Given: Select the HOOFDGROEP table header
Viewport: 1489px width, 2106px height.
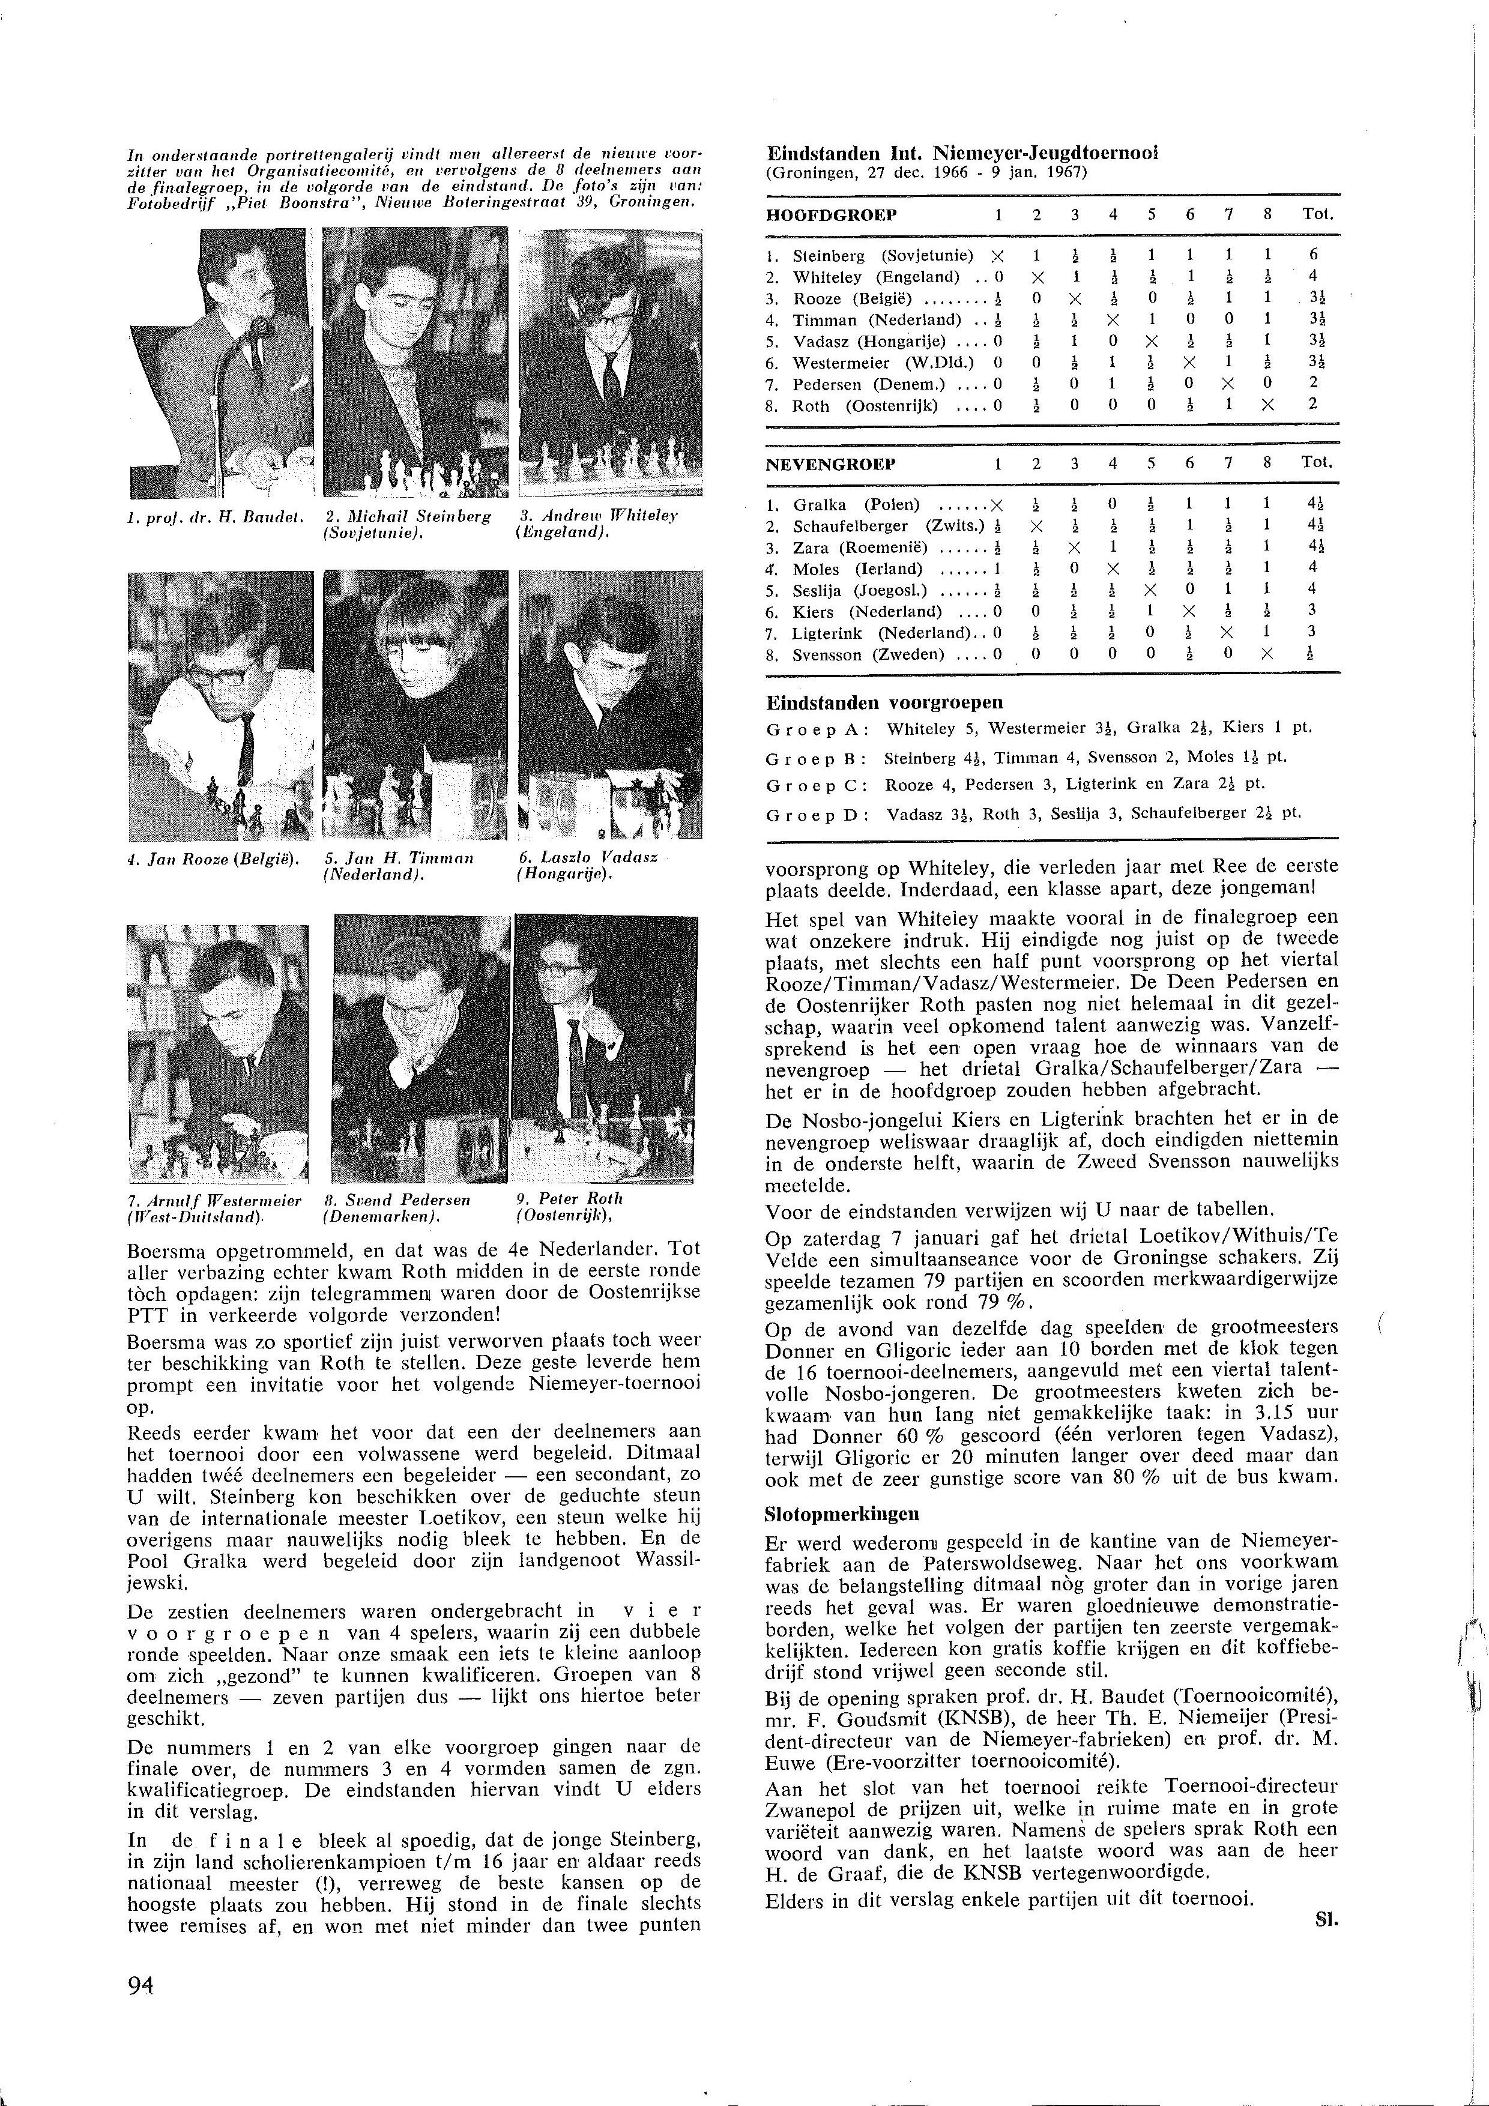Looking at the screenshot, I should point(831,215).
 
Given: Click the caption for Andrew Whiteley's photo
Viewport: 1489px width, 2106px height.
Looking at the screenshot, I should point(597,523).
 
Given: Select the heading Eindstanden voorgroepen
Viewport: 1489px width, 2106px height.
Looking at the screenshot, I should point(884,702).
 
